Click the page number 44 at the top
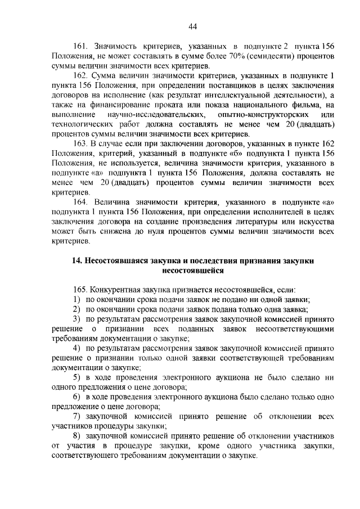[x=192, y=26]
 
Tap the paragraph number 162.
[x=82, y=75]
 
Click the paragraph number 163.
[x=82, y=144]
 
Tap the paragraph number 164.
[x=82, y=202]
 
